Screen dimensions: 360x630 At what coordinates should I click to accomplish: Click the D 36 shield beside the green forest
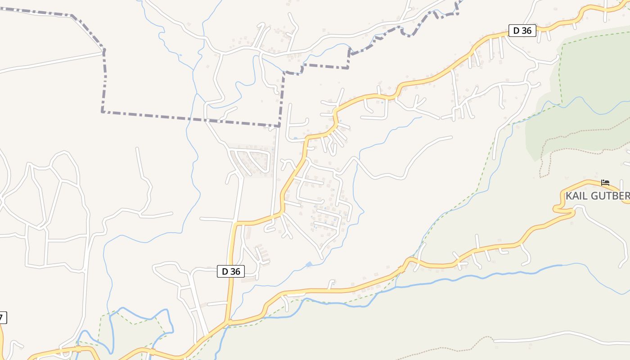522,31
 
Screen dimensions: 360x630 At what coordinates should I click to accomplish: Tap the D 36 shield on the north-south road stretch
231,271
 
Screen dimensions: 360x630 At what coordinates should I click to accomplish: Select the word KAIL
577,196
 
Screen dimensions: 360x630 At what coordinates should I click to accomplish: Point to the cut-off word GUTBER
612,196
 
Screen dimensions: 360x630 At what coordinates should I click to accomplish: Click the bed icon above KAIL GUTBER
605,182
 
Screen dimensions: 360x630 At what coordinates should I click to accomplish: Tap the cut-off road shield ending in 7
2,318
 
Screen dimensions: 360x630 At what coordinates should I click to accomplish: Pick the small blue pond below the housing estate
309,264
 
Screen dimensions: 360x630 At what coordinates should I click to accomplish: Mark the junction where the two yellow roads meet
228,322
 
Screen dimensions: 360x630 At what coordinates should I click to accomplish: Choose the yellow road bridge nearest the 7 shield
79,349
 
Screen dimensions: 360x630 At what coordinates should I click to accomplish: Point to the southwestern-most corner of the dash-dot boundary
103,111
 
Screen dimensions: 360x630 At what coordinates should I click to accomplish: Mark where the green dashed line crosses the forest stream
561,103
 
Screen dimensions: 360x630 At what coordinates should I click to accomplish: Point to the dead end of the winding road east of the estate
451,137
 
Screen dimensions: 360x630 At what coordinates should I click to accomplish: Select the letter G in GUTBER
598,196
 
